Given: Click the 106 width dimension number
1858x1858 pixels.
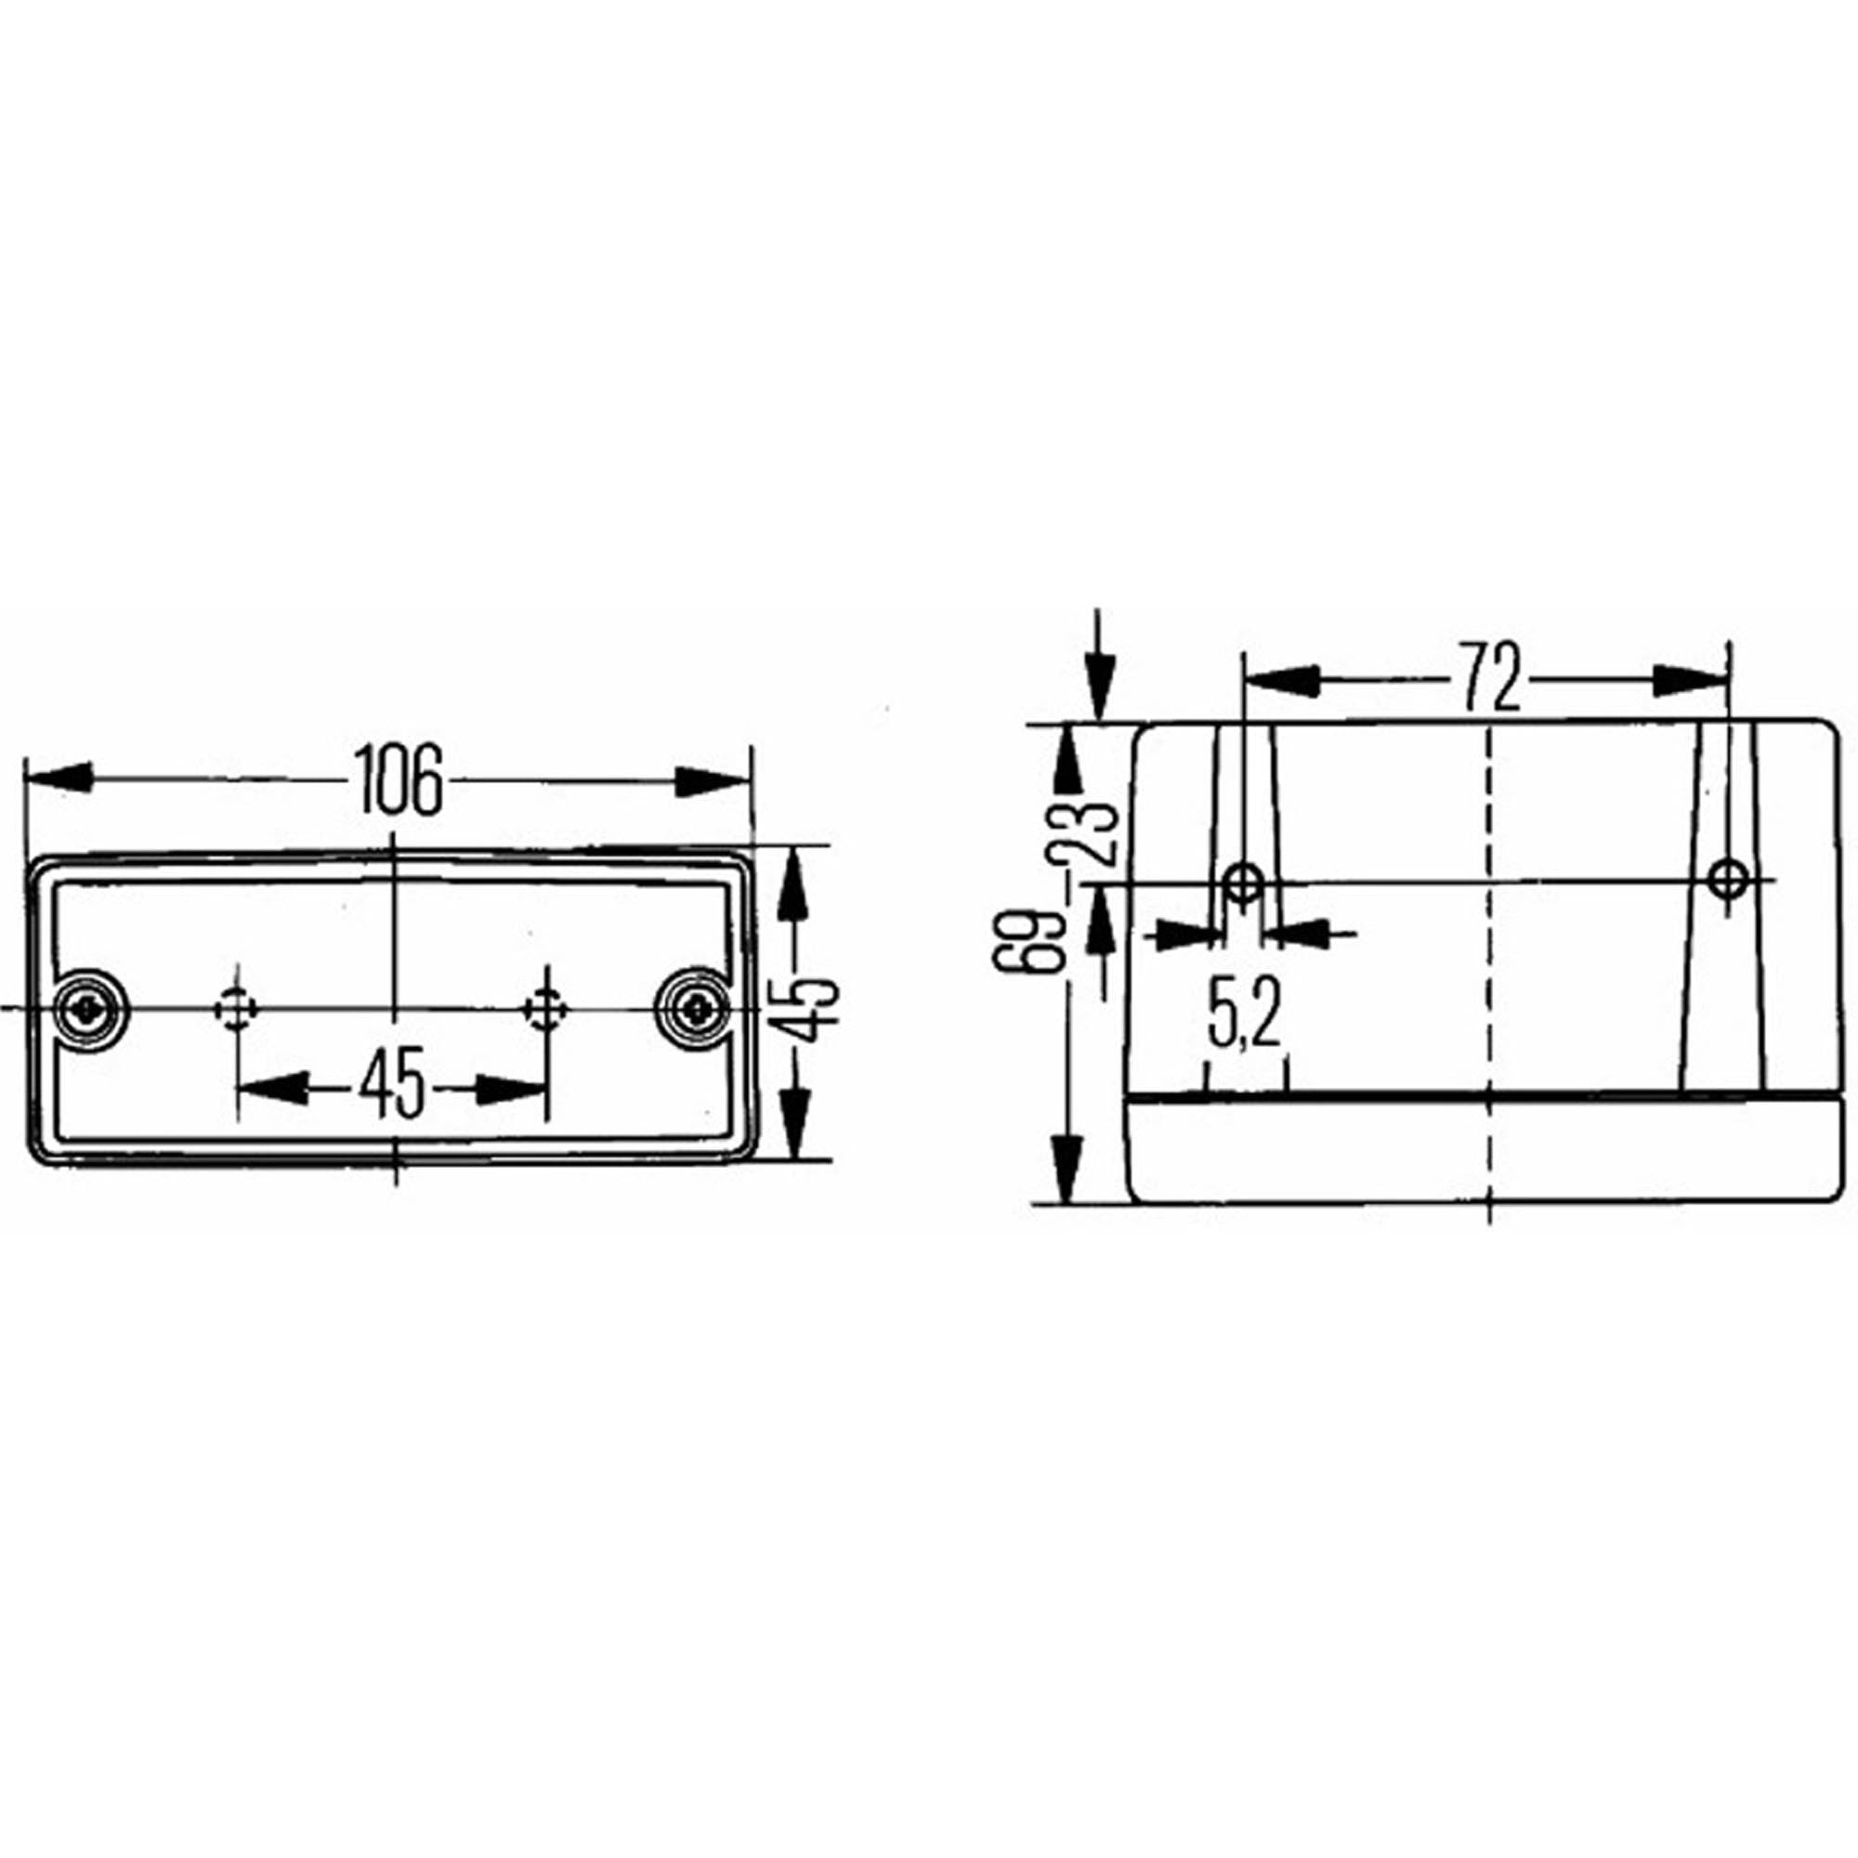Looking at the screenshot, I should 398,780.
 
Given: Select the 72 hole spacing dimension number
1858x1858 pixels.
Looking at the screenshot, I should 1492,679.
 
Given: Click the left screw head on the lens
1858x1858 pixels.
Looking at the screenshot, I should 89,1009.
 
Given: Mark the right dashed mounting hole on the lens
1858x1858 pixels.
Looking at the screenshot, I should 546,1009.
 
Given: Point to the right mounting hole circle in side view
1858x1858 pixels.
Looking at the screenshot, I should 1728,877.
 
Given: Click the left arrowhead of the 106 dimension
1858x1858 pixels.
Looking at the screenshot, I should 58,778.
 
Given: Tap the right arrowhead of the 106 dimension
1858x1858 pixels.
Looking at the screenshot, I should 713,782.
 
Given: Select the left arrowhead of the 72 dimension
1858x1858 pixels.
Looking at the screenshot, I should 1279,679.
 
